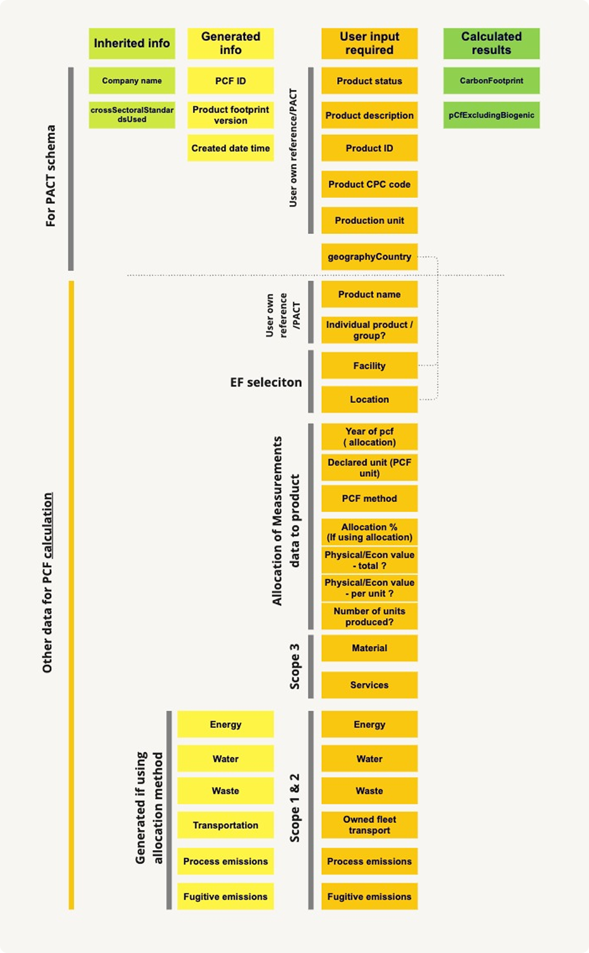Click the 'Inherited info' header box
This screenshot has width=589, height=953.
click(x=131, y=44)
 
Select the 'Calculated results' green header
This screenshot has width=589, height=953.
click(x=491, y=44)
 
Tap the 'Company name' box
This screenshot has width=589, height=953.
click(x=131, y=80)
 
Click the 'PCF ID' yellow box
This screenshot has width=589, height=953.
click(x=230, y=80)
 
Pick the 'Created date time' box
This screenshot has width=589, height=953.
click(x=230, y=148)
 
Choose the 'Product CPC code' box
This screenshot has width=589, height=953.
click(x=369, y=184)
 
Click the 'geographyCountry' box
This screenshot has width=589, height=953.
click(x=369, y=257)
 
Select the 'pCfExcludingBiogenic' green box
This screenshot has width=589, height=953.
click(x=491, y=115)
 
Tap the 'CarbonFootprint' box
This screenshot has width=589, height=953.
click(x=491, y=80)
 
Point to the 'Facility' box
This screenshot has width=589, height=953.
click(x=369, y=365)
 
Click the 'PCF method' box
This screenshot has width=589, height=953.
click(x=369, y=498)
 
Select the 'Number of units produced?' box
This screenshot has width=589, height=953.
click(x=369, y=616)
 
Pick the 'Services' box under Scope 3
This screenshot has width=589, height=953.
click(x=369, y=685)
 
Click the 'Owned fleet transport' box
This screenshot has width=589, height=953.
click(x=369, y=825)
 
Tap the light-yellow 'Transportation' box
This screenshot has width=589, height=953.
click(x=225, y=825)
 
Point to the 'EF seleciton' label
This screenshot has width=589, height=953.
click(x=266, y=382)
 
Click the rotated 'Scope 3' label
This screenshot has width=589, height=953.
click(x=295, y=666)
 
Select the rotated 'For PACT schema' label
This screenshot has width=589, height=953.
click(x=51, y=176)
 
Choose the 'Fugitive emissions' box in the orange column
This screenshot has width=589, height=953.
click(x=369, y=896)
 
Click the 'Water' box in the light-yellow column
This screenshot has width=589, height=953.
click(x=225, y=759)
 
